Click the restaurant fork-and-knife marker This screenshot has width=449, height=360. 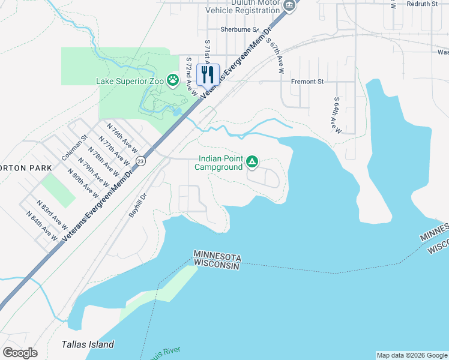point(208,74)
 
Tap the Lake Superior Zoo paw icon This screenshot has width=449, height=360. point(173,80)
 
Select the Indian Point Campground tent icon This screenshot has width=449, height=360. point(253,162)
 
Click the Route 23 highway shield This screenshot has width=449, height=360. point(140,161)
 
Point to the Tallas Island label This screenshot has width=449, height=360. point(88,344)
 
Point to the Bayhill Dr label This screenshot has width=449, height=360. point(137,205)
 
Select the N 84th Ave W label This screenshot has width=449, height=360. point(46,230)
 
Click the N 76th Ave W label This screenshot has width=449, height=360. point(122,137)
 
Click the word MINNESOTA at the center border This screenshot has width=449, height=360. point(217,256)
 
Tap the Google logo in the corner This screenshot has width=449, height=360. point(20,352)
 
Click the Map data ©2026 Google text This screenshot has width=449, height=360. point(411,355)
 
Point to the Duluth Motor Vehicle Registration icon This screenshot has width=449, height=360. point(289,5)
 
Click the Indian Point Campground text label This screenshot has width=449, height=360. point(218,163)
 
